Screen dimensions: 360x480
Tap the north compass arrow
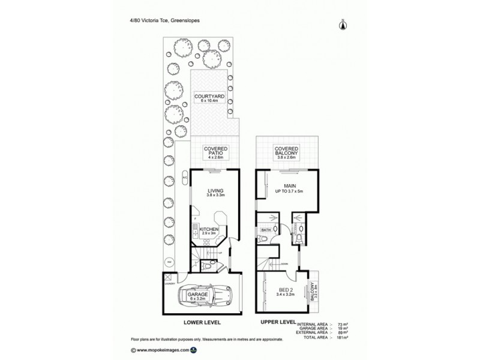(x=343, y=25)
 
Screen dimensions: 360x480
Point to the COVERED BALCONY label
(x=287, y=151)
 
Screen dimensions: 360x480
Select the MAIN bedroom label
(x=287, y=187)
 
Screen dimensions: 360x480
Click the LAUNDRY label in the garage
(x=171, y=283)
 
